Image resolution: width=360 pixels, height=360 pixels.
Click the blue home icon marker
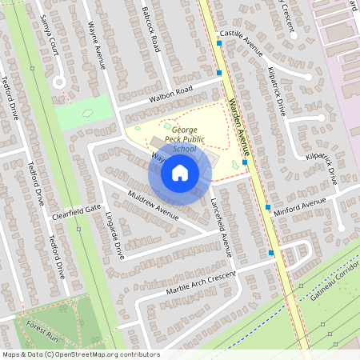click(180, 172)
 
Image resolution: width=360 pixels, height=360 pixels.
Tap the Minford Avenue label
click(301, 203)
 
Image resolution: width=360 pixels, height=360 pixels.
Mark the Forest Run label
click(43, 327)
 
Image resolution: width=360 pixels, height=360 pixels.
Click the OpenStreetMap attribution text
click(80, 354)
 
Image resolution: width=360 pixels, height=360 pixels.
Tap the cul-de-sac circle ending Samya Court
click(57, 82)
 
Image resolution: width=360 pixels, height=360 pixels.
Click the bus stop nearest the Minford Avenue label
click(268, 207)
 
